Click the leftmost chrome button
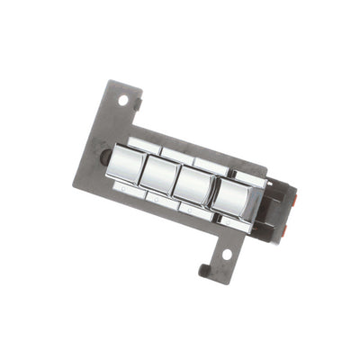pos(126,166)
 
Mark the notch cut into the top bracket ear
pos(138,105)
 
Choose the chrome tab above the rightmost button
pos(247,177)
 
